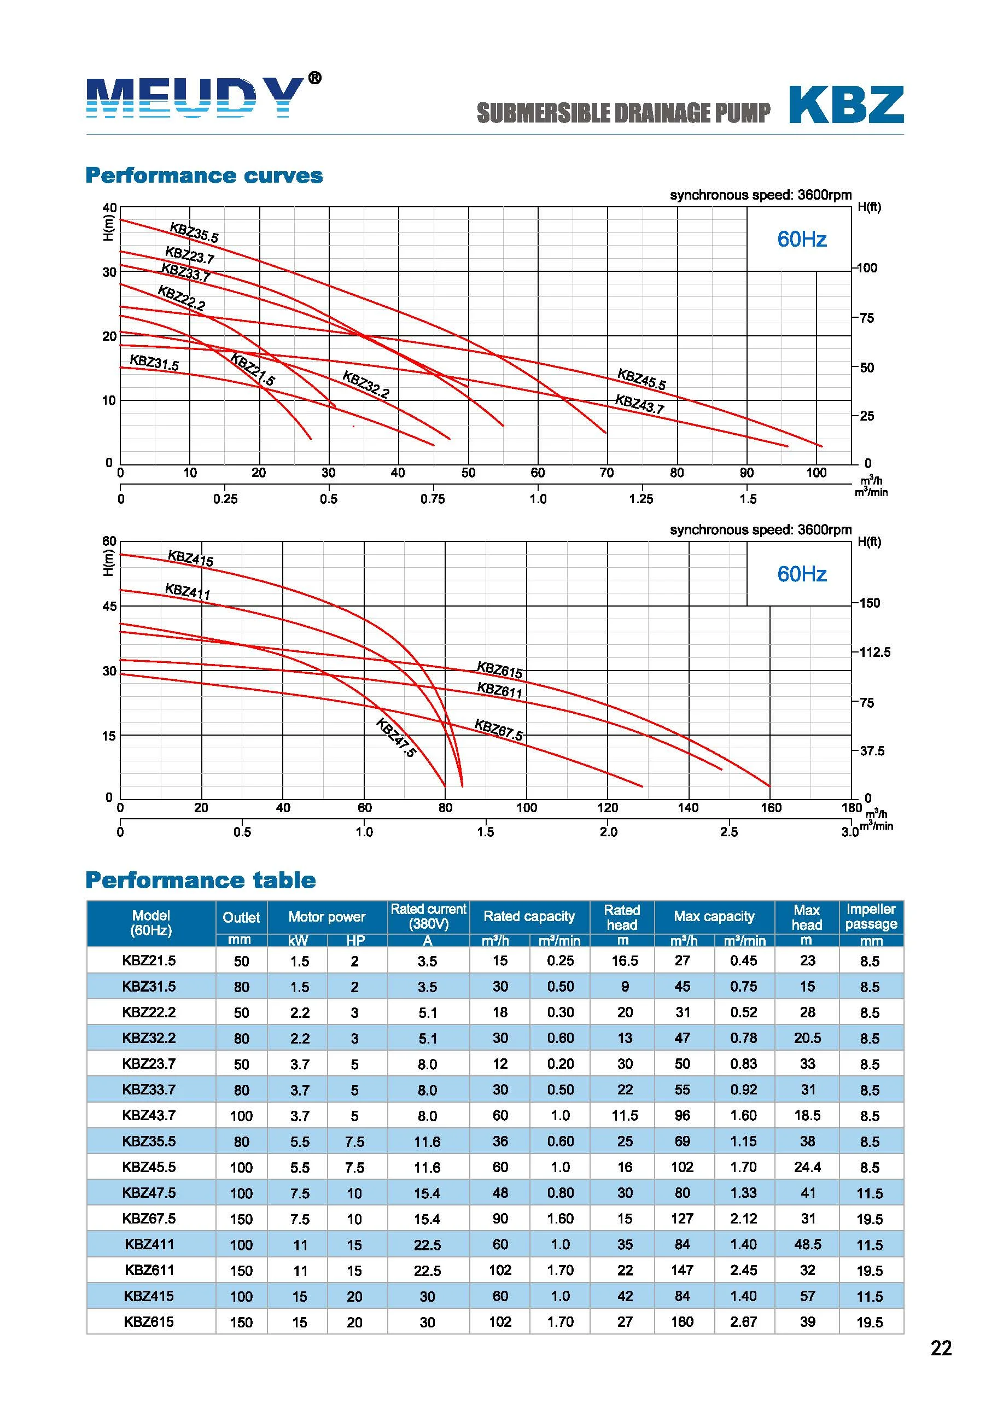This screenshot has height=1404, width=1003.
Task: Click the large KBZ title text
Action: (846, 105)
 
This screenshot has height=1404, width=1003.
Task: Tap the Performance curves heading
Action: (204, 176)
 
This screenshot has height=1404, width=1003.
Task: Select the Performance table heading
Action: (201, 880)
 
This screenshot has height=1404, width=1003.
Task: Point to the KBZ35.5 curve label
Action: (194, 233)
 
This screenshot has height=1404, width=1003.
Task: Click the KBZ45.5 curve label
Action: (642, 379)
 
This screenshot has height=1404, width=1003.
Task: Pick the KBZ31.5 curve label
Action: (154, 363)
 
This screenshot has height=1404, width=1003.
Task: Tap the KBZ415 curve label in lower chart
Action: (191, 558)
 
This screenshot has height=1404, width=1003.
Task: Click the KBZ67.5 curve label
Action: (498, 730)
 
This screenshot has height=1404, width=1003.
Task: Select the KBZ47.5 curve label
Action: (396, 738)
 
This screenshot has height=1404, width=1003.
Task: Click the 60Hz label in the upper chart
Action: (802, 239)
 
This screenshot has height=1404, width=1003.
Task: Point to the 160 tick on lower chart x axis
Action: (771, 808)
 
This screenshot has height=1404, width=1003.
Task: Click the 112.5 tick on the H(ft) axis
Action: (875, 653)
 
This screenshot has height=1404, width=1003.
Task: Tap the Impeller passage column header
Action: (871, 917)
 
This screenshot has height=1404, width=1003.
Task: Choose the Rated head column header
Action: (622, 917)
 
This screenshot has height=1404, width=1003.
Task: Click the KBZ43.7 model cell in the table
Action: (149, 1115)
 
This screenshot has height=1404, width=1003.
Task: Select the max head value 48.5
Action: (807, 1244)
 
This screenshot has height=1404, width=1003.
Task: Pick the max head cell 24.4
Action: (807, 1167)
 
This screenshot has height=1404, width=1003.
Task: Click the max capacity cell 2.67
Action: (744, 1322)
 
